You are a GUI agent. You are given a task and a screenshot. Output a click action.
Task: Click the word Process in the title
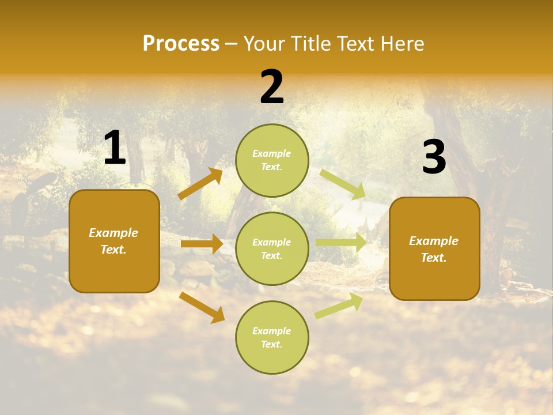pos(181,44)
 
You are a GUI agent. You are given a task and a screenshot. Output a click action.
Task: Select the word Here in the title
pos(400,44)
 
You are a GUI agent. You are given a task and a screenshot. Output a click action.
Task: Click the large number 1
pos(115,148)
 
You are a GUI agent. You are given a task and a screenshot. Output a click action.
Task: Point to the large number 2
pos(272,88)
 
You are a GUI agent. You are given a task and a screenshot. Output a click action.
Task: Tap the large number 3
pos(434,157)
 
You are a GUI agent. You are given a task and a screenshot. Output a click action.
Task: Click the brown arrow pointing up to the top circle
pos(200,184)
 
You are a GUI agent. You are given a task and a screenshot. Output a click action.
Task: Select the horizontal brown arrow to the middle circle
pos(202,244)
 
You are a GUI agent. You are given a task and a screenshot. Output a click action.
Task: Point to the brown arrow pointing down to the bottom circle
pos(202,307)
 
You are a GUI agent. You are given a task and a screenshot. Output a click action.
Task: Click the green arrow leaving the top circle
pos(343,184)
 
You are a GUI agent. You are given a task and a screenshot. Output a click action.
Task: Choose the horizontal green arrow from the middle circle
pos(340,243)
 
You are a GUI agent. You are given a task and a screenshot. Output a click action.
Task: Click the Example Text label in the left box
pos(113,241)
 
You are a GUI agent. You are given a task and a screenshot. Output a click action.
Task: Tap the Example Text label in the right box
pos(434,249)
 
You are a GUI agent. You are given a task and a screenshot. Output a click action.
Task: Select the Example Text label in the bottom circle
pos(272,338)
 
